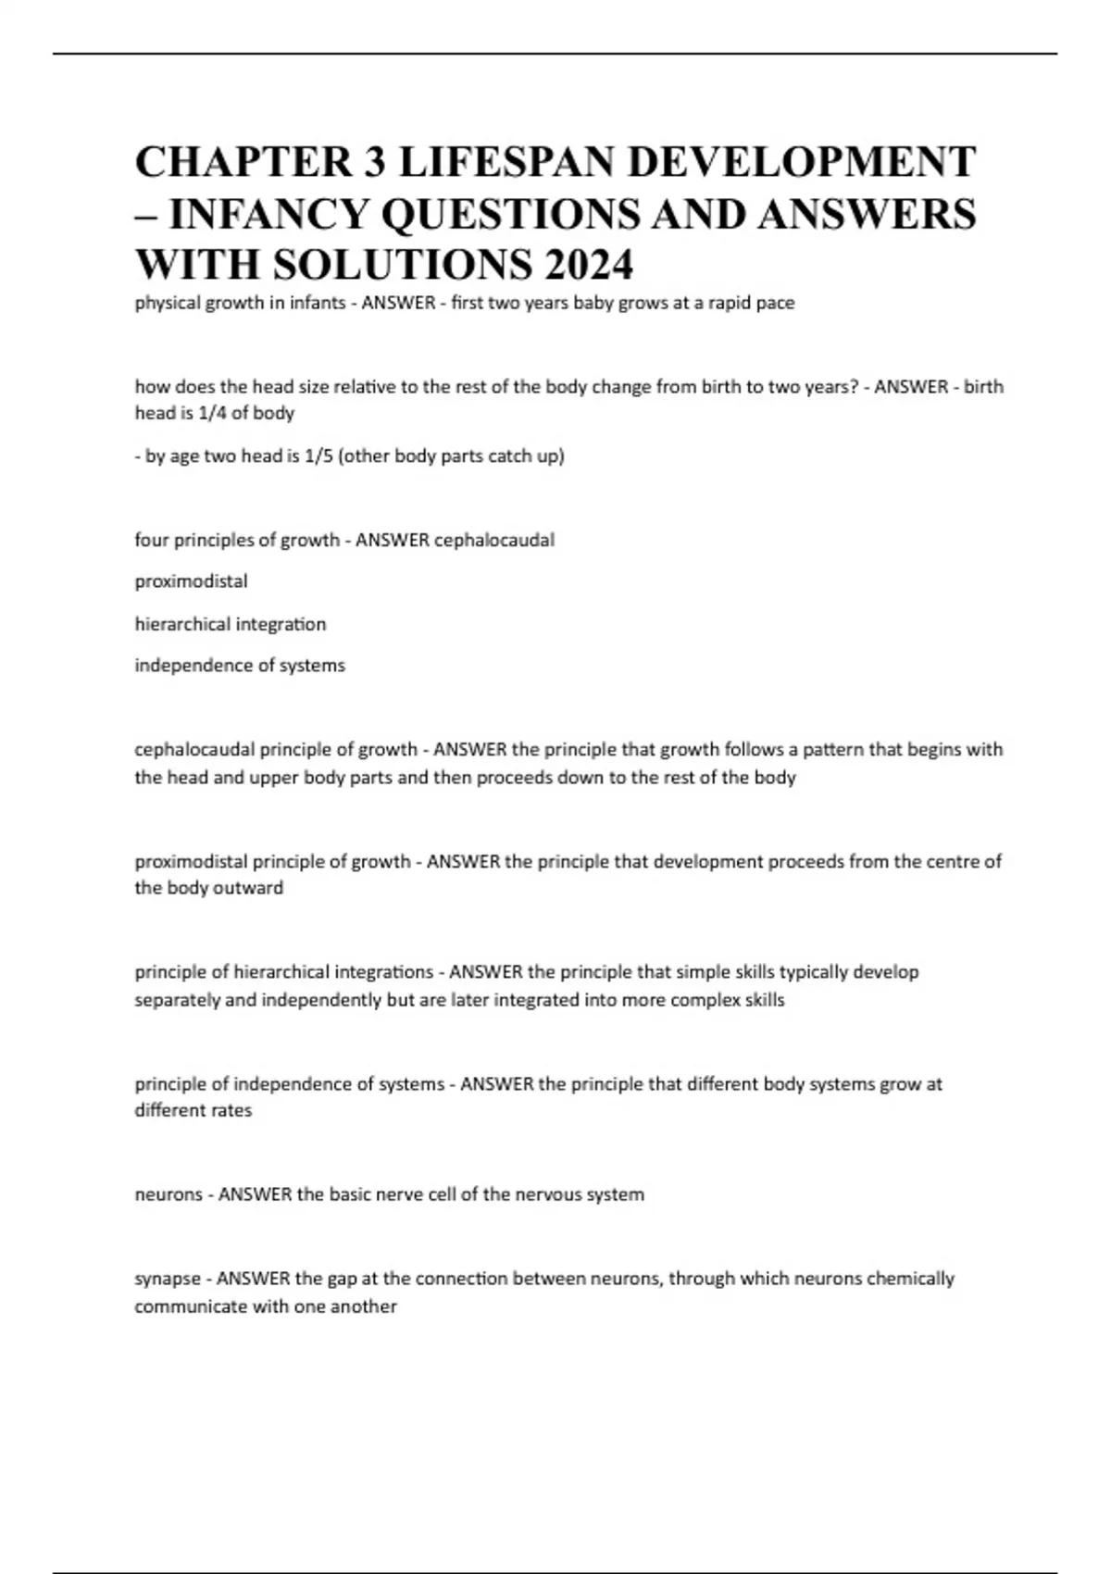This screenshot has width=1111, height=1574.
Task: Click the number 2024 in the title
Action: pos(589,265)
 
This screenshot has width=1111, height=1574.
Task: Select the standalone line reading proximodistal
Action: pos(191,581)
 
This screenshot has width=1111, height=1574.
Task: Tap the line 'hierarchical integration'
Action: pos(230,624)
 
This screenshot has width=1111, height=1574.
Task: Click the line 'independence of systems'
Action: pos(239,665)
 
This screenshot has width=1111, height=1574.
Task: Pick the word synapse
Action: pos(168,1279)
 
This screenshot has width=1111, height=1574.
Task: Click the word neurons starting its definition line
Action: pos(168,1194)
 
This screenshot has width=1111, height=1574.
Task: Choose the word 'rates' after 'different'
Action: pos(231,1110)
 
